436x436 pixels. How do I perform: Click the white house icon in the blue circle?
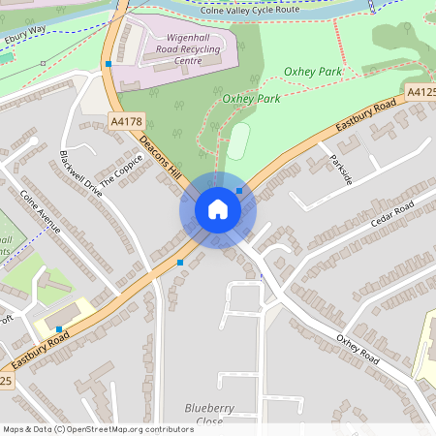(218, 209)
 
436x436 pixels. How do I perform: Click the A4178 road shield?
(127, 121)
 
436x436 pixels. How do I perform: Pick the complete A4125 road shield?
(421, 92)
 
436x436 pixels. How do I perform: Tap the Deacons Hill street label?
(162, 157)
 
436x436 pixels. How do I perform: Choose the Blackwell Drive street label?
(79, 174)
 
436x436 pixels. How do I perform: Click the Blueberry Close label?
(203, 414)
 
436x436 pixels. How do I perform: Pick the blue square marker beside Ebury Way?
(109, 64)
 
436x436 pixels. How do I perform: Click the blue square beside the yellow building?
(60, 329)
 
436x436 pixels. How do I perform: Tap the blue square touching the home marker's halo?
(239, 192)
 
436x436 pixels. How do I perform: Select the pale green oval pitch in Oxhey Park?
(238, 141)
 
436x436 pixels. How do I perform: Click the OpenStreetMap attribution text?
(97, 428)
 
